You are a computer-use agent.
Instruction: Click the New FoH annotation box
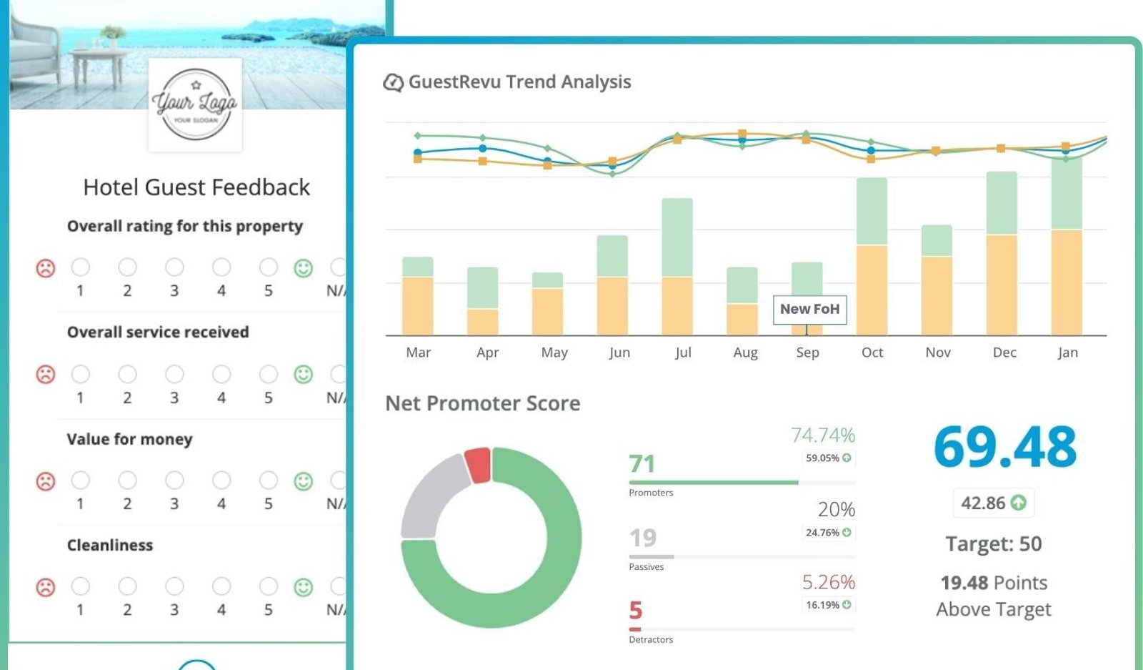click(810, 310)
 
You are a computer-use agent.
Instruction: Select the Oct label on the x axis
click(872, 353)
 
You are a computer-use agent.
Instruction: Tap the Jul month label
click(683, 353)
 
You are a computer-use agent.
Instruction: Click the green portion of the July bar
click(677, 237)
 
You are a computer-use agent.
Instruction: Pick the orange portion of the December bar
click(1002, 285)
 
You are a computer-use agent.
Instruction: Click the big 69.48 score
click(1004, 447)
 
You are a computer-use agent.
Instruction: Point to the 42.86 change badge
click(994, 503)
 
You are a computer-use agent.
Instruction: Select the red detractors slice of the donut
click(479, 465)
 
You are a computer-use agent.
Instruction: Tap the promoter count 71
click(642, 463)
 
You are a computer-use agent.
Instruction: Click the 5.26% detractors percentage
click(828, 581)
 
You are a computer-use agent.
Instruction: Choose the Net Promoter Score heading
click(483, 403)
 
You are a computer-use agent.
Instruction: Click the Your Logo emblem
click(195, 104)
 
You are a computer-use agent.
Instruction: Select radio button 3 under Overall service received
click(174, 374)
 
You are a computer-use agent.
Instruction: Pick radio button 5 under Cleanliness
click(269, 586)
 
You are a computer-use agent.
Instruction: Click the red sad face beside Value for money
click(46, 481)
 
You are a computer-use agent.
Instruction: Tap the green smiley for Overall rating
click(303, 268)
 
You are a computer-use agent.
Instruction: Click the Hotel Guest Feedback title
click(196, 187)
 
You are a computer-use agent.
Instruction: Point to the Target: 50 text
click(994, 544)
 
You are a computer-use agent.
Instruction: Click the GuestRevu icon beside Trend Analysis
click(394, 82)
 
